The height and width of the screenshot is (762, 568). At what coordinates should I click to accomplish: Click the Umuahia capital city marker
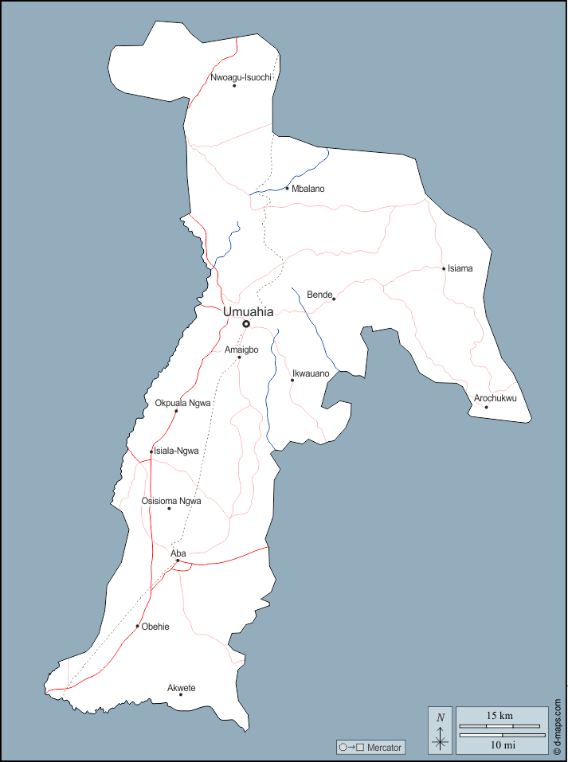point(246,324)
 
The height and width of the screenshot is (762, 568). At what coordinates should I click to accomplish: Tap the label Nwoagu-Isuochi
point(241,77)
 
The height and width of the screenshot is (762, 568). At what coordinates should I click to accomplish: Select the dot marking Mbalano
point(287,189)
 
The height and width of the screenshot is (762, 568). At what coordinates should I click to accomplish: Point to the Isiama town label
point(460,268)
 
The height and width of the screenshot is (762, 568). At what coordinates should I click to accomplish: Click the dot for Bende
point(334,299)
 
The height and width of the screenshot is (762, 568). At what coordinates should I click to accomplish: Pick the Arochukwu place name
point(496,398)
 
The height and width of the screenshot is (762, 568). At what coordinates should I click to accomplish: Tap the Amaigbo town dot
point(239,357)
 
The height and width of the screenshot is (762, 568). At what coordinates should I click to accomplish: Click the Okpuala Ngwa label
point(183,403)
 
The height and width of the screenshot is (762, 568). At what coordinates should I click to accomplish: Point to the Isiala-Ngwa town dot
point(151,451)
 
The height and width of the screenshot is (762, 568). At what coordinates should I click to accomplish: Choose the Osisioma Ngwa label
point(171,501)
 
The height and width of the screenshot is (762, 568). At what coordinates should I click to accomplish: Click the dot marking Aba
point(178,561)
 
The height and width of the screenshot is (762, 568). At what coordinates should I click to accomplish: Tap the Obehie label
point(155,627)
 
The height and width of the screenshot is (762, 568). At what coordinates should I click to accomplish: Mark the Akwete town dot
point(181,695)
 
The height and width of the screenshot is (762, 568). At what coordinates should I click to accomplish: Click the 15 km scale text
point(500,716)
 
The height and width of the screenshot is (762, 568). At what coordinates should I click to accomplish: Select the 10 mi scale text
point(501,745)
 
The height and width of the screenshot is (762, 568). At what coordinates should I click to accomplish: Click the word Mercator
point(385,748)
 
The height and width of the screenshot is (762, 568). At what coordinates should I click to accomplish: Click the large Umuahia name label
point(248,312)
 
